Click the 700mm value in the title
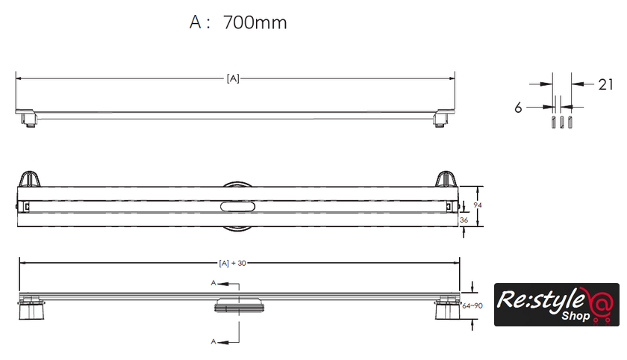click(255, 22)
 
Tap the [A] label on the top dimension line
click(233, 78)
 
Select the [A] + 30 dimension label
click(232, 263)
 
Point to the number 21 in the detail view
click(605, 84)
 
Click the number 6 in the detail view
click(518, 108)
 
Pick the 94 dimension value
click(478, 205)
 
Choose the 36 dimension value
click(464, 220)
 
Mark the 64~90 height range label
click(472, 305)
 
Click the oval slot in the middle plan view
click(237, 206)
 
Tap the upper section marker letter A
click(213, 283)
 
